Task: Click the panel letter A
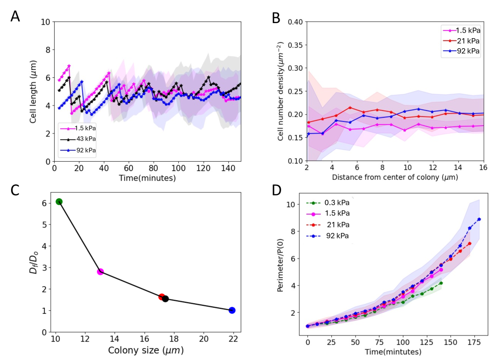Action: point(16,17)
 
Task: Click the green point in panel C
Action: point(59,201)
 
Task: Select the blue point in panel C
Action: point(232,310)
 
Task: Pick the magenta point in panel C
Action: point(100,272)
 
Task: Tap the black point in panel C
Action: point(165,299)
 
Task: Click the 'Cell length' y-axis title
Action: point(33,91)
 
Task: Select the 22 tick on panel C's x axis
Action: point(232,339)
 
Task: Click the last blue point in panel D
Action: point(479,219)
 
